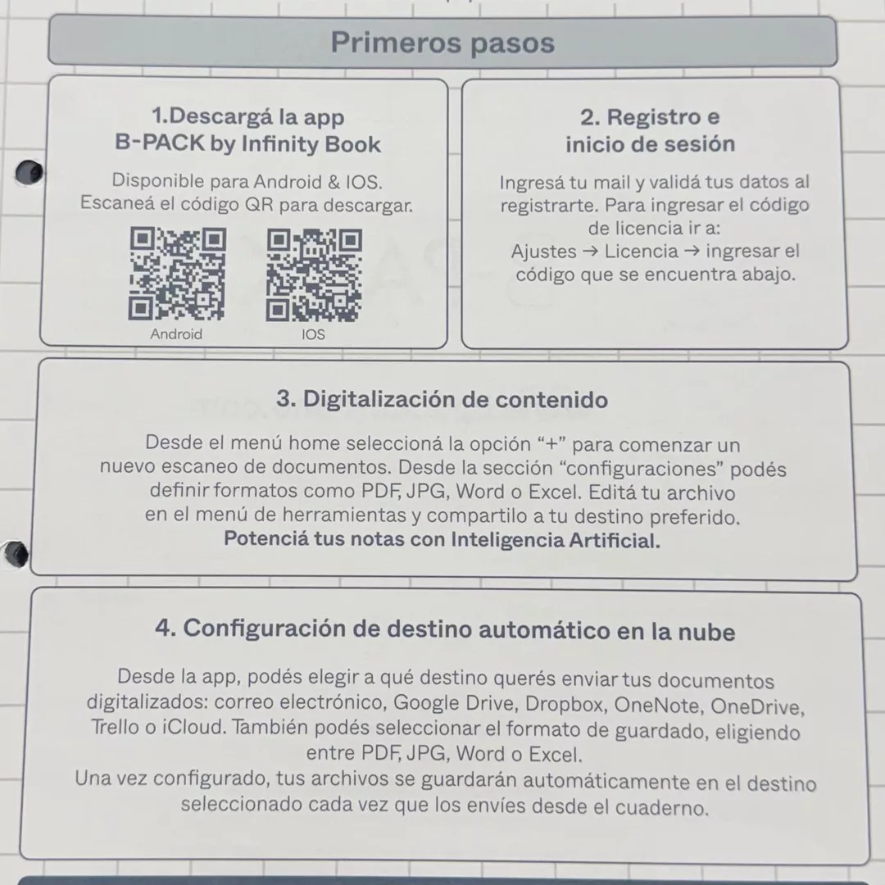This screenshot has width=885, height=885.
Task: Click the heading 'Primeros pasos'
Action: [442, 43]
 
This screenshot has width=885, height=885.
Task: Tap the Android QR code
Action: [177, 274]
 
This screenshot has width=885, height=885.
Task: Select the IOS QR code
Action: [314, 275]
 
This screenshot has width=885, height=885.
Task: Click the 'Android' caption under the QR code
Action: [176, 334]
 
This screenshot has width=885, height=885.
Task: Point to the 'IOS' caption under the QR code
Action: [313, 334]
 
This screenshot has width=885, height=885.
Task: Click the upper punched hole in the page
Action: [29, 173]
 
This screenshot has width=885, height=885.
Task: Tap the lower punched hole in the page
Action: [16, 553]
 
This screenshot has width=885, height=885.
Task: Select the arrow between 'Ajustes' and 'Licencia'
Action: [590, 252]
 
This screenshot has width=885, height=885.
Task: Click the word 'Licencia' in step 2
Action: [641, 252]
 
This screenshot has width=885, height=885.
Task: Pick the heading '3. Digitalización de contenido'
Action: [442, 400]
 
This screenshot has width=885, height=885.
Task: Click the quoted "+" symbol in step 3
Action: [551, 443]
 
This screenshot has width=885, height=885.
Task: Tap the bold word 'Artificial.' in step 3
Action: [614, 540]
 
